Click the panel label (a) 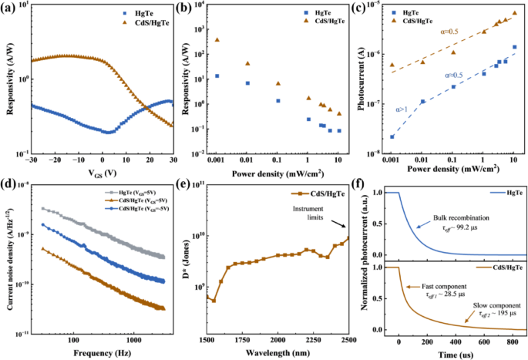[x=11, y=8]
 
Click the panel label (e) [x=188, y=183]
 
